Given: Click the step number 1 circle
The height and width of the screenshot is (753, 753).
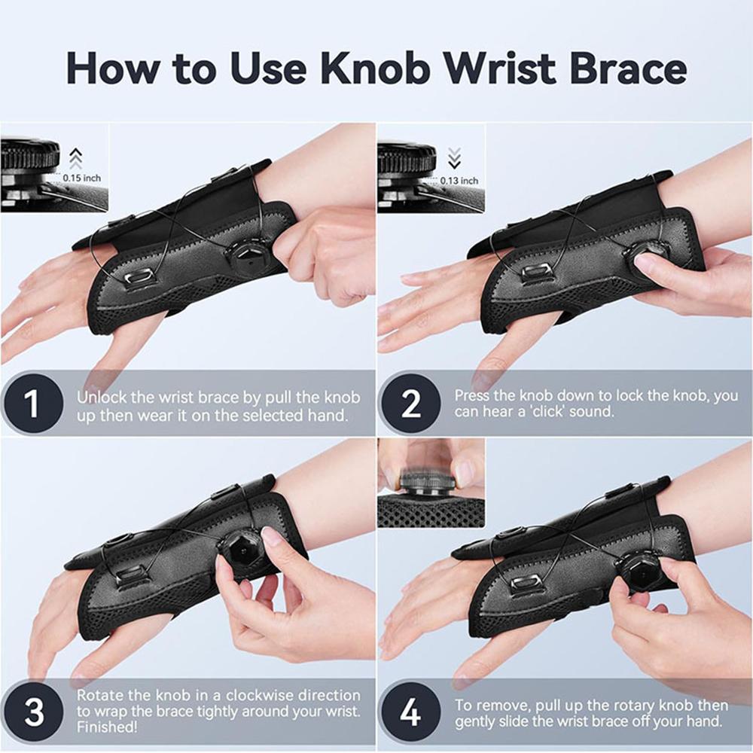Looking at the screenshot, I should [x=32, y=404].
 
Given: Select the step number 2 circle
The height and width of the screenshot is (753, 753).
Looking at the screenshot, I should [x=411, y=404].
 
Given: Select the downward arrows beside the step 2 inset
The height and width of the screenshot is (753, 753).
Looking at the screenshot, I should [x=453, y=157].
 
